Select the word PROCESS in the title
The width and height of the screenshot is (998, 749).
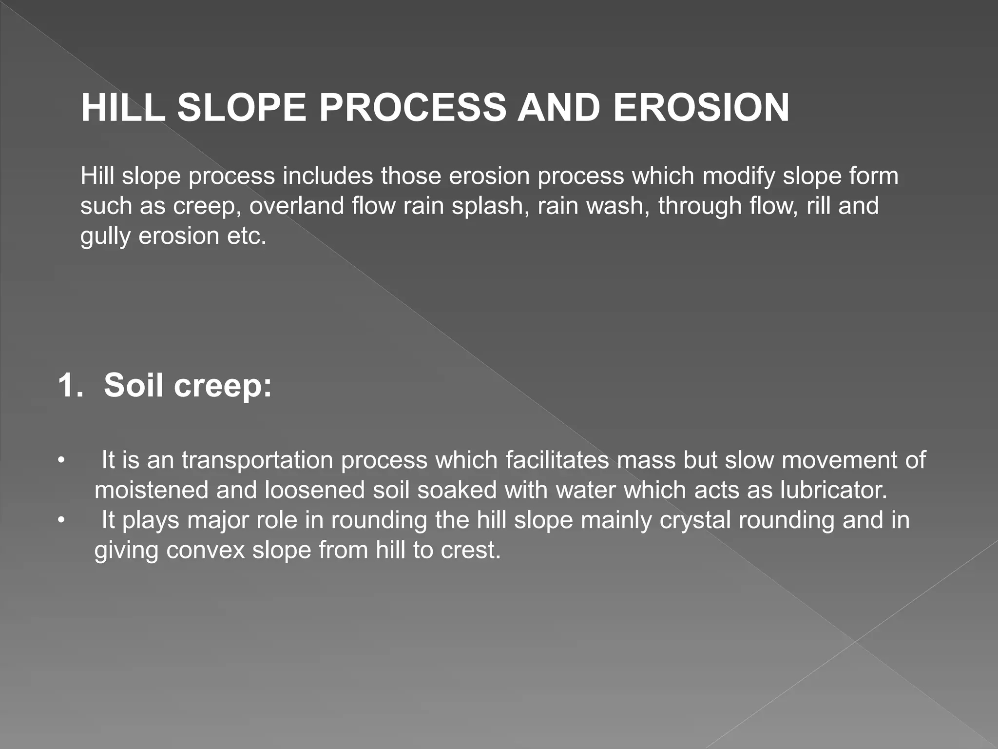tap(412, 108)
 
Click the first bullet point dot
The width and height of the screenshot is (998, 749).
tap(61, 460)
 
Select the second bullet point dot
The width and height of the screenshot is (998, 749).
tap(61, 520)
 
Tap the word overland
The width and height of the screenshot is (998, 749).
tap(296, 206)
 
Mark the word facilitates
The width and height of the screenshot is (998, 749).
tap(557, 460)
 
